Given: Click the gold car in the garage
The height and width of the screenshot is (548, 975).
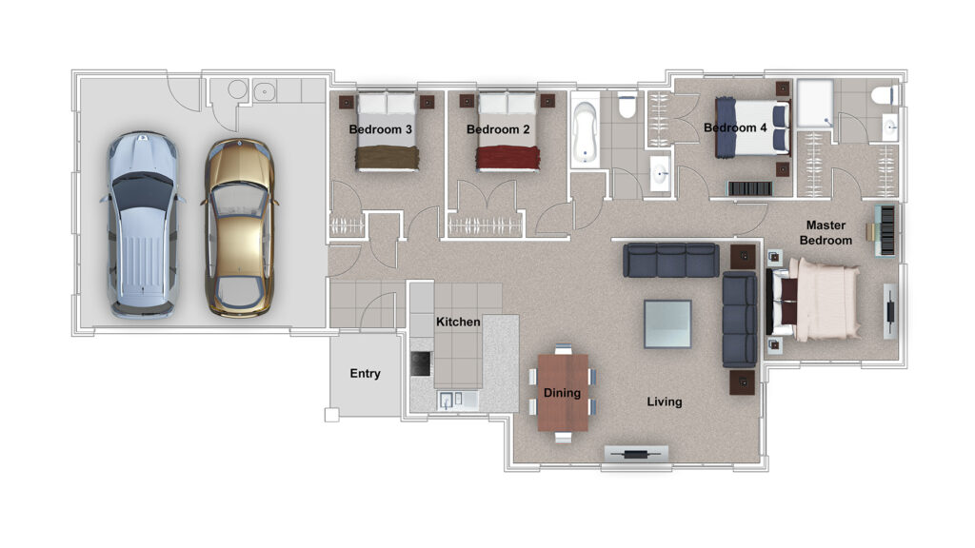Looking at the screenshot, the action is [239, 227].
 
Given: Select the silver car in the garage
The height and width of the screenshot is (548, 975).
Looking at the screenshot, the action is [143, 225].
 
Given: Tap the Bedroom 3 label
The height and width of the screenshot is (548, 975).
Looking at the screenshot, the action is [381, 129].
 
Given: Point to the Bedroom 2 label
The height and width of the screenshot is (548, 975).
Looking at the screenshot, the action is [498, 129].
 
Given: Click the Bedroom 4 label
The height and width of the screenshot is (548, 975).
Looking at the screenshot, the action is [736, 128].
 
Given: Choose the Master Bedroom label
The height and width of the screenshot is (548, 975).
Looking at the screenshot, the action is [826, 233].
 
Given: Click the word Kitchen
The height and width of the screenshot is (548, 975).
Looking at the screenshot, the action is [458, 322].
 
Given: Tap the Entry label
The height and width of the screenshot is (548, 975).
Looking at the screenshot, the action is [365, 373].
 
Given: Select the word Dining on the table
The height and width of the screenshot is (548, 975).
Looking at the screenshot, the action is [562, 393].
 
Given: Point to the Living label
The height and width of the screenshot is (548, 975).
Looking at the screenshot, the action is [664, 402].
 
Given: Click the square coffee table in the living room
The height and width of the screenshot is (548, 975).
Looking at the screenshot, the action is [667, 323].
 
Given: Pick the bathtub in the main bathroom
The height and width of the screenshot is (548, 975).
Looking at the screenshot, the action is [586, 132].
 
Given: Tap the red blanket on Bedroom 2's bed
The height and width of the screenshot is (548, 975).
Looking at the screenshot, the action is [507, 158].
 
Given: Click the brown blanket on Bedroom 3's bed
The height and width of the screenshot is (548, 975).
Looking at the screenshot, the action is [387, 158].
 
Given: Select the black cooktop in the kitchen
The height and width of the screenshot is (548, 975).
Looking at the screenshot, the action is [421, 363].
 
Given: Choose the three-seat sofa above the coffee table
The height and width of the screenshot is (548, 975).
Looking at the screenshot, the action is [671, 260].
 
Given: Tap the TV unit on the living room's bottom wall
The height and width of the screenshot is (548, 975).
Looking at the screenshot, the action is [636, 454].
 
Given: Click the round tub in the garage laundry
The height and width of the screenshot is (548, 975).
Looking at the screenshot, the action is [237, 89].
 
